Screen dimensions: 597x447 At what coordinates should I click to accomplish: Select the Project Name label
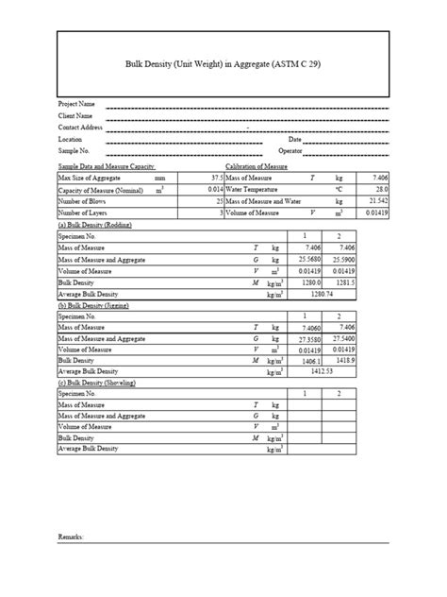click(77, 103)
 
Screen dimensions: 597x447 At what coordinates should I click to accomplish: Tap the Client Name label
click(76, 115)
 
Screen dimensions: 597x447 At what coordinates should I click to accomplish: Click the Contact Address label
click(80, 127)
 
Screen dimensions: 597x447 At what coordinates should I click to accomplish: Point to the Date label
click(282, 139)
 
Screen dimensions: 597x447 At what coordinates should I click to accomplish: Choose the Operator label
click(291, 151)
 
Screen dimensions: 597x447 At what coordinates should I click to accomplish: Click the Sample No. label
click(74, 151)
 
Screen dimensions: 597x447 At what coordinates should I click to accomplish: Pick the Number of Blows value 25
click(219, 202)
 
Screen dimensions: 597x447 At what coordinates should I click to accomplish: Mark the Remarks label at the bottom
click(72, 537)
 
